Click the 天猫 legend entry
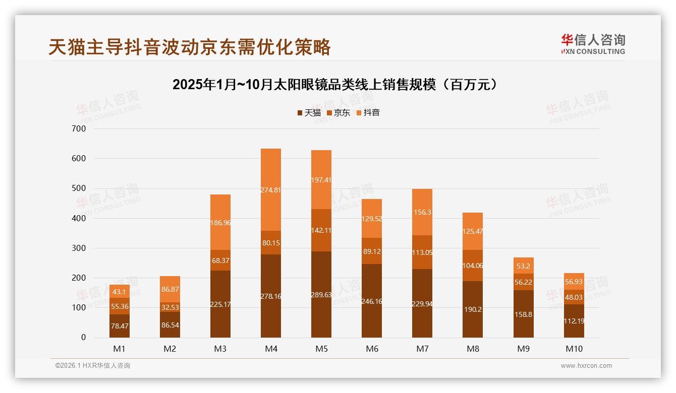309,113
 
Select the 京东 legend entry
338,113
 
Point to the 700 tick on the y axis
80,129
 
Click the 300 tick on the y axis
80,248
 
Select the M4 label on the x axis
271,349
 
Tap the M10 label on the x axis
574,349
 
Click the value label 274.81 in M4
271,190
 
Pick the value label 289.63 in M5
321,295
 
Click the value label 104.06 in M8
473,266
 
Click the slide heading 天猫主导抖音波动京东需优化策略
190,47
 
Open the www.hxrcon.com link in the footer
586,366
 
